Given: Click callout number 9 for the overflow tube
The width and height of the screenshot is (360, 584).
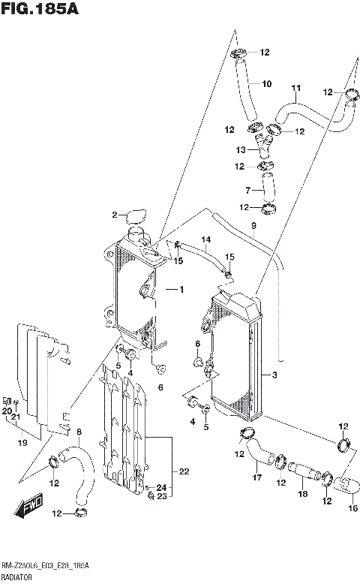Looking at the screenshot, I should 253,226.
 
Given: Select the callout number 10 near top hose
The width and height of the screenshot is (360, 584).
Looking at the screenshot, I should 265,83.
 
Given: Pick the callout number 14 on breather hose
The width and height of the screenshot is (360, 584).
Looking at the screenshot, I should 205,240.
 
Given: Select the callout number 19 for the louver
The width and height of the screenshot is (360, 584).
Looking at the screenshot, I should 22,443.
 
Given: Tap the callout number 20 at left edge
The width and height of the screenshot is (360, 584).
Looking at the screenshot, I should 6,411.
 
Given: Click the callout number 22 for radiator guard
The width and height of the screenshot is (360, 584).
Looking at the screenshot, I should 183,471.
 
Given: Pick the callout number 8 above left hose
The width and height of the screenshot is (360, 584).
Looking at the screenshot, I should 79,431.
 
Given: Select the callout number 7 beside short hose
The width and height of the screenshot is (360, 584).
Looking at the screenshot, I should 247,190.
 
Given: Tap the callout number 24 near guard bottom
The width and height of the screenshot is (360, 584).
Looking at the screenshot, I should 160,489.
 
